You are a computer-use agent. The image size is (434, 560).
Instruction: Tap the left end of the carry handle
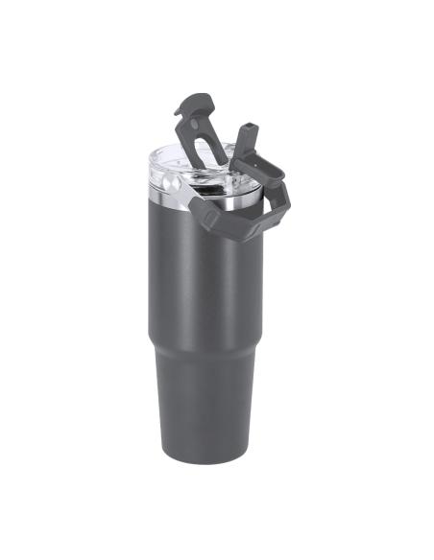coord(197,205)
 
